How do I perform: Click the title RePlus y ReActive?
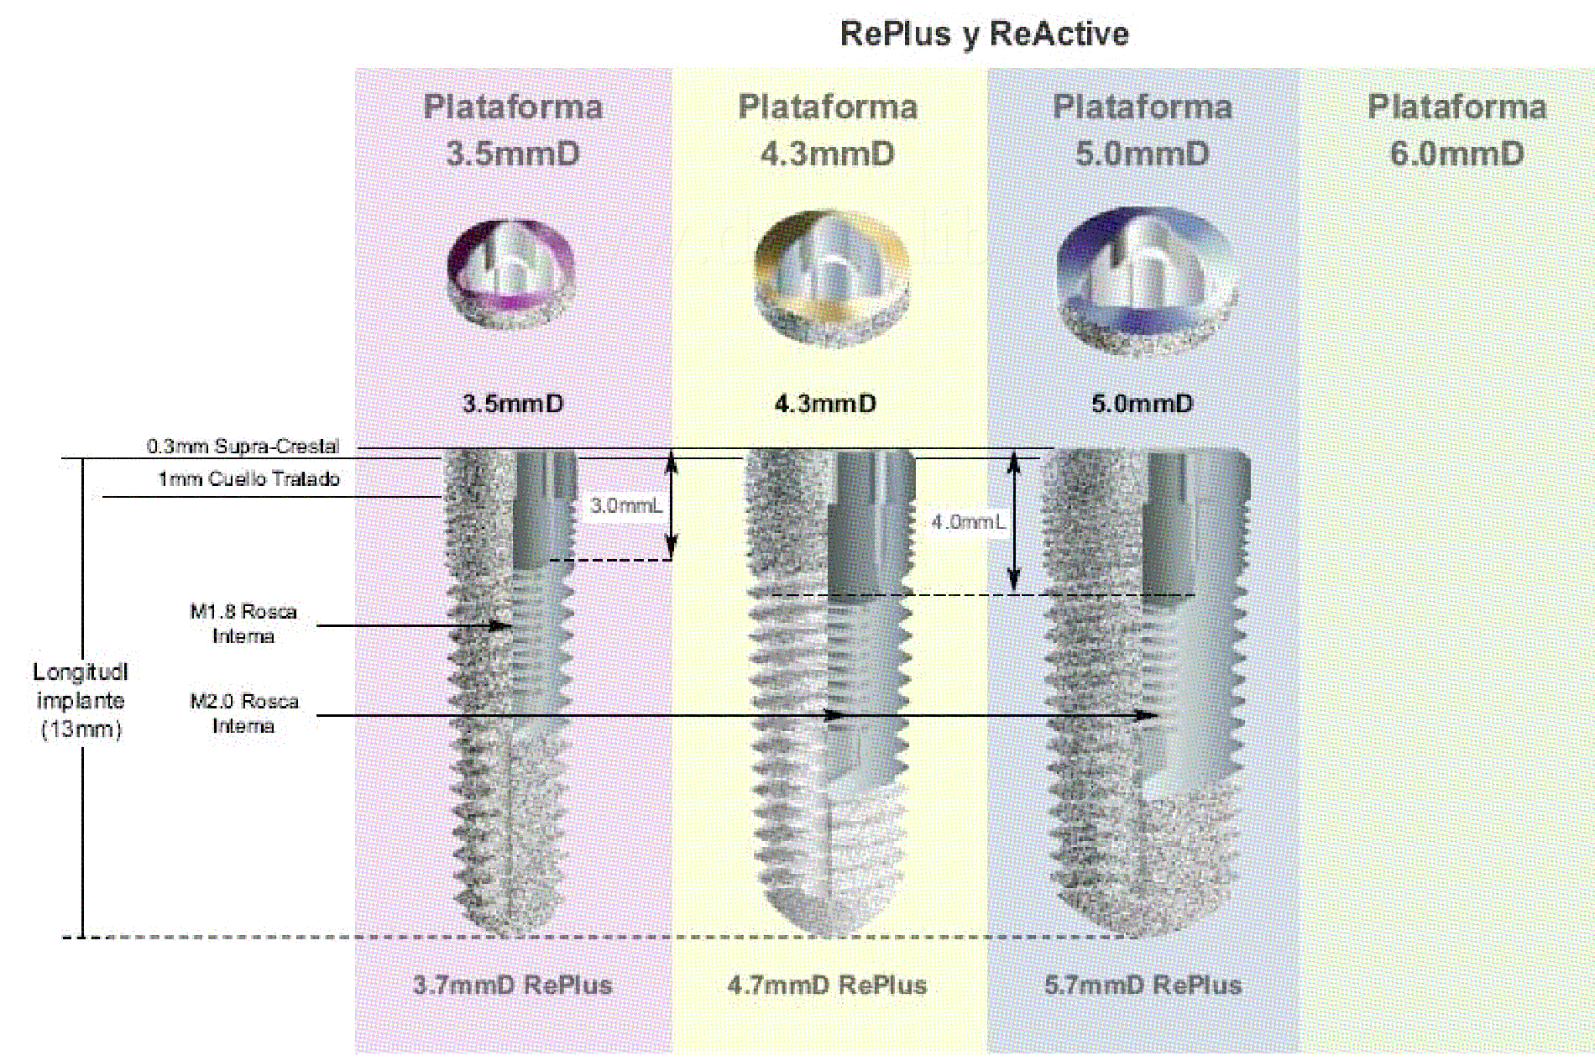coord(984,34)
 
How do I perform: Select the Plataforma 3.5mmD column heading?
coord(513,130)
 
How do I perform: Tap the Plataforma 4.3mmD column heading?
coord(828,130)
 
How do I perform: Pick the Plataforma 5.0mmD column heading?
coord(1143,130)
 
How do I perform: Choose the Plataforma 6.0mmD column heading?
coord(1457,130)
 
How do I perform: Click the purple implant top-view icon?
coord(511,274)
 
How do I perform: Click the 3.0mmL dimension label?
coord(625,505)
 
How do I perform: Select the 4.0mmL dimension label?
coord(967,522)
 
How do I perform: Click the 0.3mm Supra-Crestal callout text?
coord(243,446)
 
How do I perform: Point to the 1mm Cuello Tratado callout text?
coord(249,479)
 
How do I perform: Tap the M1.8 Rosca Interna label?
coord(243,624)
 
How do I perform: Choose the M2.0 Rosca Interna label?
coord(243,713)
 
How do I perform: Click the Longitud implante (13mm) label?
coord(81,700)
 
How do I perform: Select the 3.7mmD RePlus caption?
coord(513,985)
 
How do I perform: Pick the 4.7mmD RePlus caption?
coord(828,985)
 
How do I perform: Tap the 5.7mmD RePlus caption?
coord(1143,985)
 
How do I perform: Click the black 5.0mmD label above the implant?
coord(1142,404)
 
